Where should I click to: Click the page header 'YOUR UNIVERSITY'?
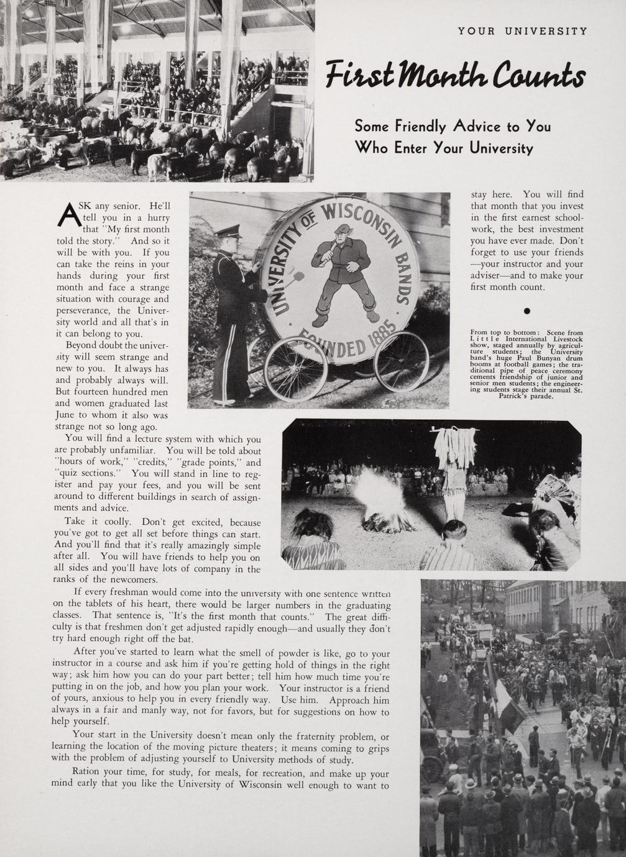(522, 31)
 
